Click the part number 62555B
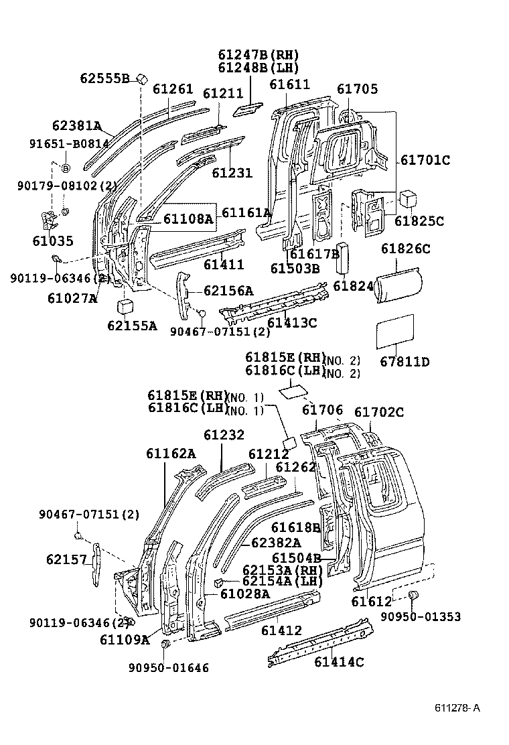[x=104, y=78]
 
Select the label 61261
[x=173, y=89]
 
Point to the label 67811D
[x=405, y=362]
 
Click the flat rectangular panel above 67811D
[x=395, y=332]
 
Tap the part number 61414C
[x=339, y=662]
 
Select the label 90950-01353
[x=430, y=617]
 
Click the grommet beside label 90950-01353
[x=413, y=596]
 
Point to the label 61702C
[x=379, y=412]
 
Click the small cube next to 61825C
[x=409, y=199]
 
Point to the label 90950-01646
[x=168, y=667]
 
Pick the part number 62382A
[x=275, y=543]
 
